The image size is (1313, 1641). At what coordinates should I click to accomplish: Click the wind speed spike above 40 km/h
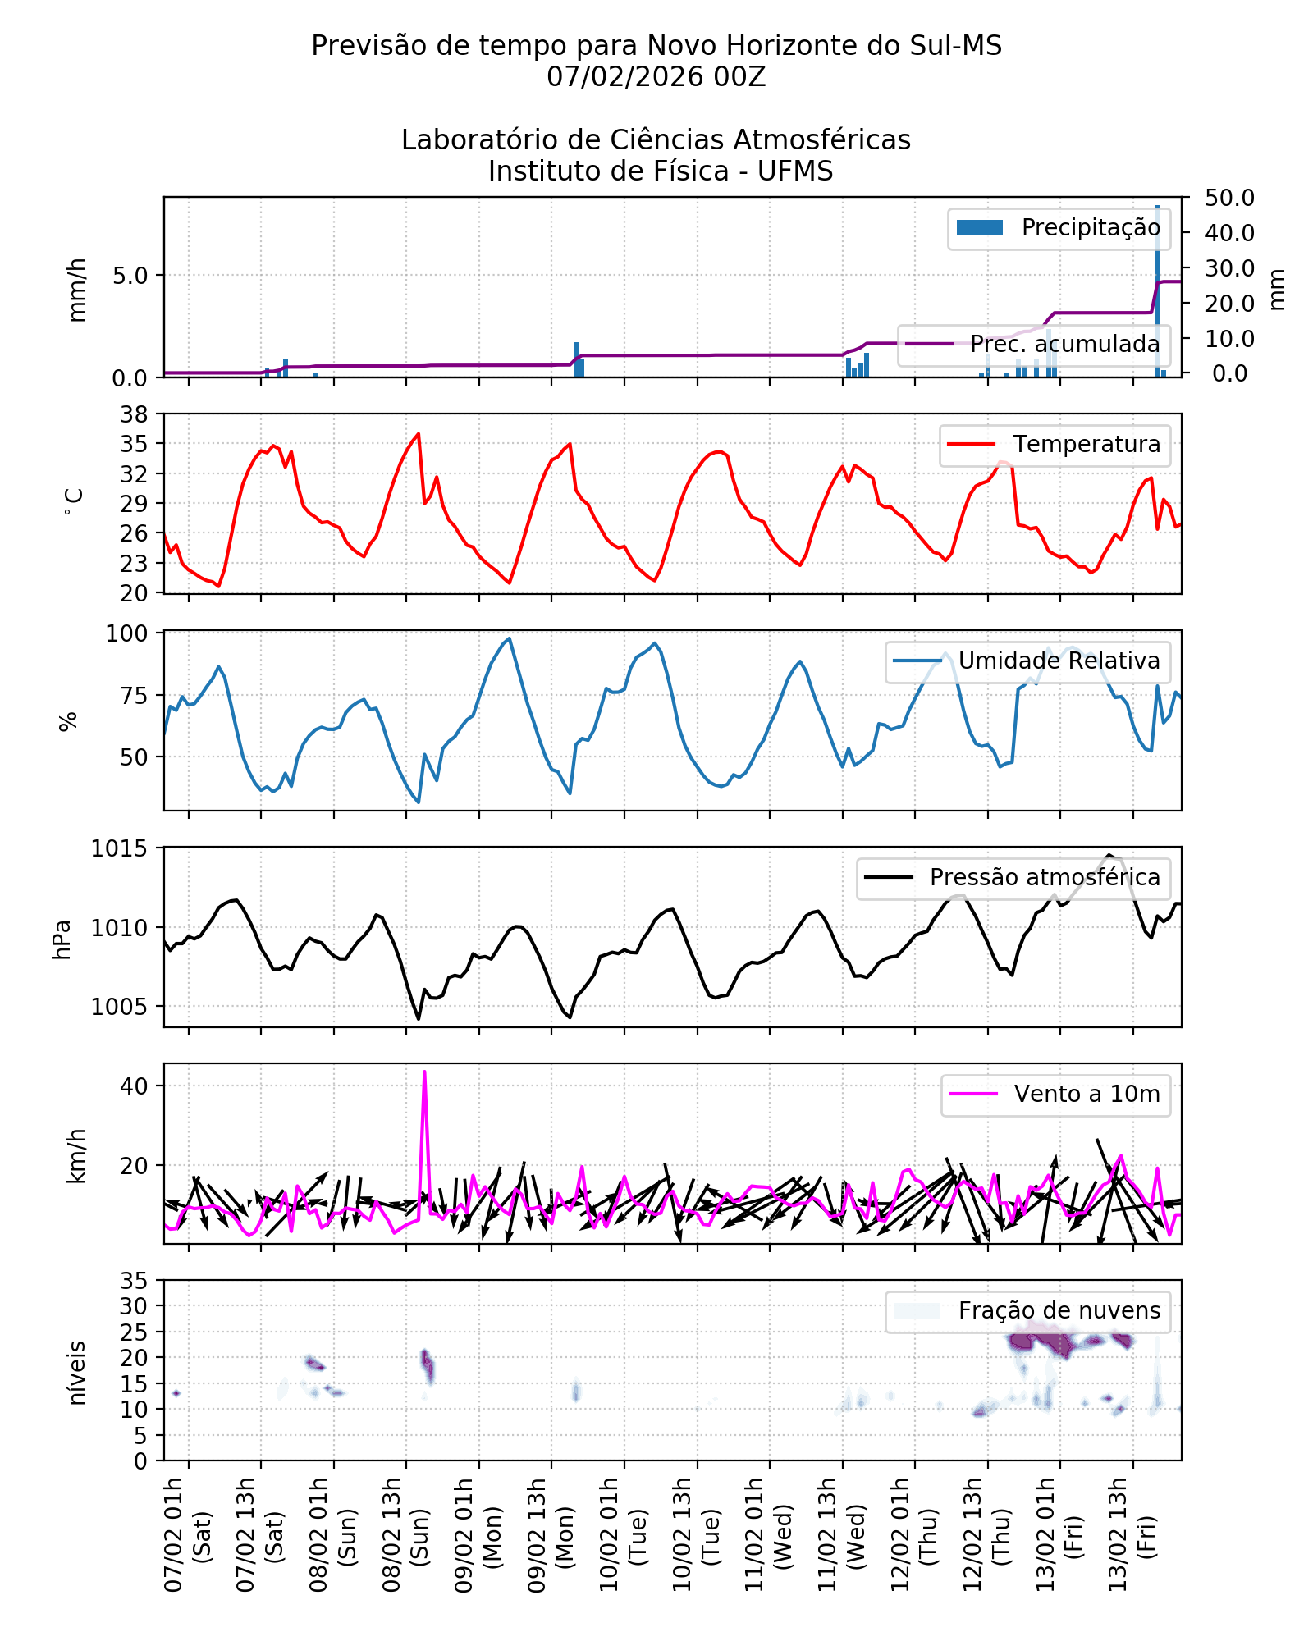(424, 1073)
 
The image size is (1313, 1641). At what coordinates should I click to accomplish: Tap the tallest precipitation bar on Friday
(1157, 287)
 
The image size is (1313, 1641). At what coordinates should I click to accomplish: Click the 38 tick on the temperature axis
(134, 414)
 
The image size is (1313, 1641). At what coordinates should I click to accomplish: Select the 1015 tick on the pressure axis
(120, 849)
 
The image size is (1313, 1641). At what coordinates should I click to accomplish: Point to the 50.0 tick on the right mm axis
(1229, 199)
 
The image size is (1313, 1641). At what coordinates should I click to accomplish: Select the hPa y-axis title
(62, 939)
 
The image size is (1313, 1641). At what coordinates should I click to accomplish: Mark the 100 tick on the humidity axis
(126, 634)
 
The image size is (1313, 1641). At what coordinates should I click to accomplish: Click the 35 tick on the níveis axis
(134, 1282)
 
